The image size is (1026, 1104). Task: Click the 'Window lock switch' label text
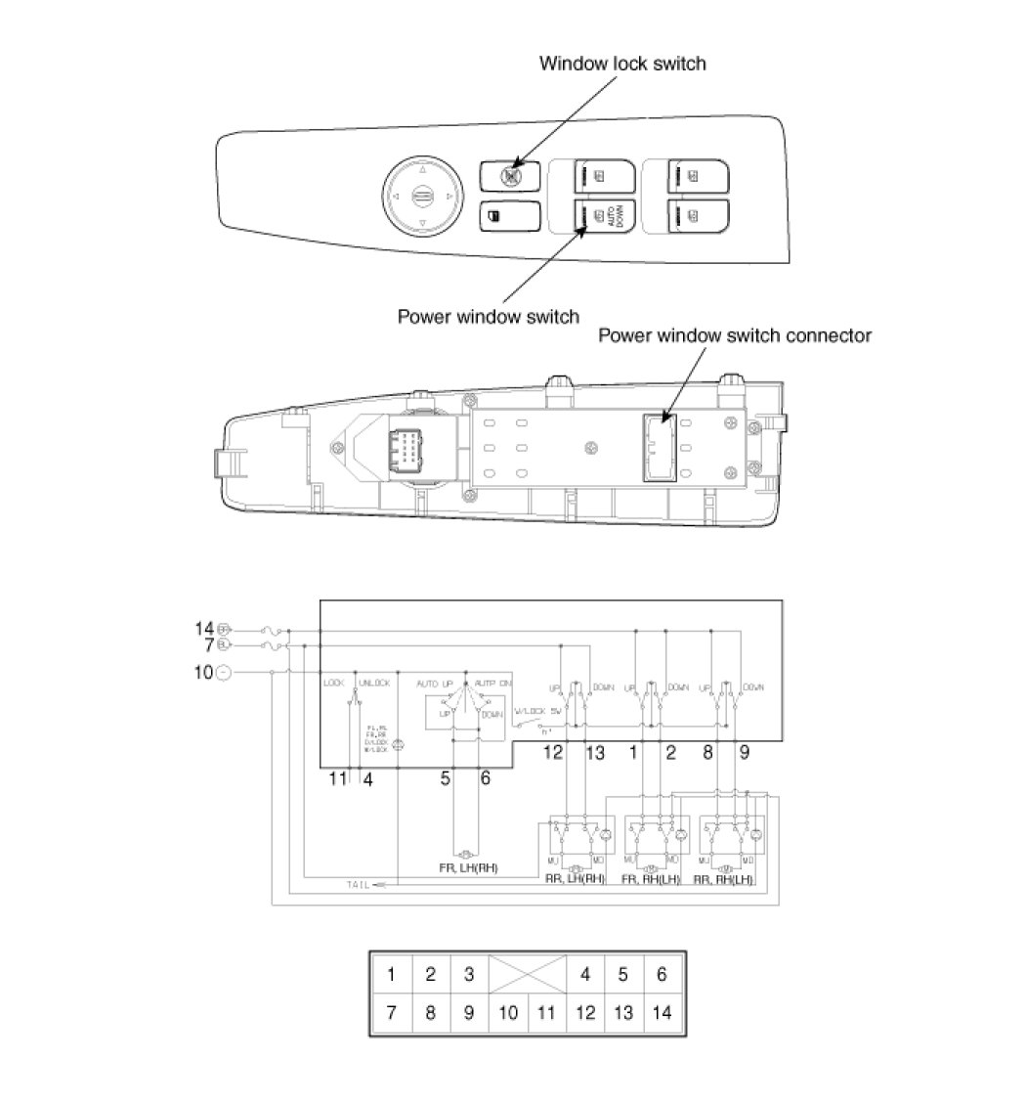(622, 64)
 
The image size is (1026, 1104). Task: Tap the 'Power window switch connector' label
(734, 335)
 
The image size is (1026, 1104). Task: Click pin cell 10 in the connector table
(507, 1012)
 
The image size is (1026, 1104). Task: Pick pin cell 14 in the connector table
(662, 1012)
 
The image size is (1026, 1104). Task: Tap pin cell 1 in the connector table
(391, 974)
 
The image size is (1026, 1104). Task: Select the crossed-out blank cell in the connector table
(527, 974)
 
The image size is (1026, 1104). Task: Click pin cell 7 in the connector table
(391, 1012)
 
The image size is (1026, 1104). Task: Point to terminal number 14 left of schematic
(203, 629)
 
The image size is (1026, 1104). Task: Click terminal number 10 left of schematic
(203, 672)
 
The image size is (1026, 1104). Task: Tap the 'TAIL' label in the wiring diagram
(359, 884)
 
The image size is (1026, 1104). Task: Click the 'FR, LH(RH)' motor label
(470, 867)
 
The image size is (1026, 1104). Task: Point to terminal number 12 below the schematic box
(553, 753)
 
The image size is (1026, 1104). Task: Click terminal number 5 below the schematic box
(445, 779)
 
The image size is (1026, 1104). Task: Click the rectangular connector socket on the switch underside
(659, 447)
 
